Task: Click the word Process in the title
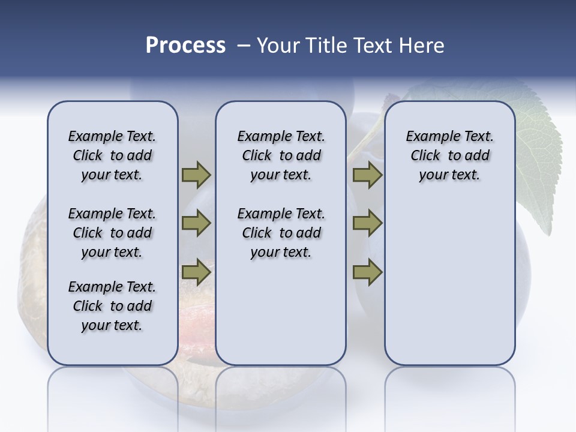pyautogui.click(x=185, y=46)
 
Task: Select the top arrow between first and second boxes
pyautogui.click(x=196, y=175)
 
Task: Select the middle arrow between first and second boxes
pyautogui.click(x=196, y=223)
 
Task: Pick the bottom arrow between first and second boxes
pyautogui.click(x=196, y=272)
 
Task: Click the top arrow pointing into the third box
pyautogui.click(x=367, y=175)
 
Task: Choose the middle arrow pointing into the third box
pyautogui.click(x=367, y=223)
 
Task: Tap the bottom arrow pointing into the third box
pyautogui.click(x=367, y=272)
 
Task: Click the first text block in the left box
pyautogui.click(x=112, y=155)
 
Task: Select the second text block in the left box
pyautogui.click(x=112, y=233)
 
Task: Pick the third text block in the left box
pyautogui.click(x=112, y=306)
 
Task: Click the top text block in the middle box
pyautogui.click(x=281, y=155)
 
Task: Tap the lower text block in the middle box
pyautogui.click(x=281, y=233)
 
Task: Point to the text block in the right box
pyautogui.click(x=449, y=155)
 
